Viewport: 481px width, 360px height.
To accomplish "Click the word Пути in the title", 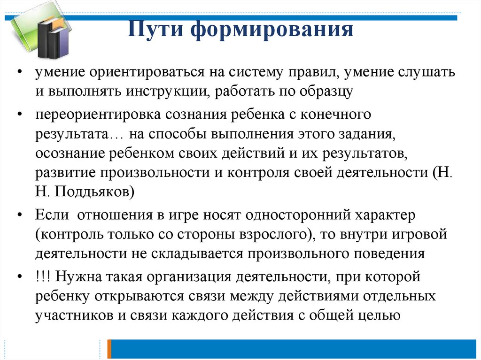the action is click(x=155, y=29).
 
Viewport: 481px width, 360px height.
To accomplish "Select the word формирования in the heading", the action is click(x=272, y=30).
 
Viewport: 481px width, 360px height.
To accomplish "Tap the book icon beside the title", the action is click(x=39, y=34).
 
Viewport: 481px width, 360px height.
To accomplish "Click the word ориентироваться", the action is click(x=147, y=72).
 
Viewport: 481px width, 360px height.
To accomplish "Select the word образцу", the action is click(x=326, y=92).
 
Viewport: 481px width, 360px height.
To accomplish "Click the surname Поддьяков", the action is click(x=94, y=191).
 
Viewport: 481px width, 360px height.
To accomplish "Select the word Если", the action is click(x=52, y=214).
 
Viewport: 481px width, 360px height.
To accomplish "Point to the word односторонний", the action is click(x=298, y=214).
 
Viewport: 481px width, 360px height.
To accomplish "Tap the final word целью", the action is click(x=381, y=315).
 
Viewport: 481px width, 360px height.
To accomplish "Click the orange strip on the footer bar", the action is click(x=109, y=349).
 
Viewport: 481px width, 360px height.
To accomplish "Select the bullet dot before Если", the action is click(x=20, y=215).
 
